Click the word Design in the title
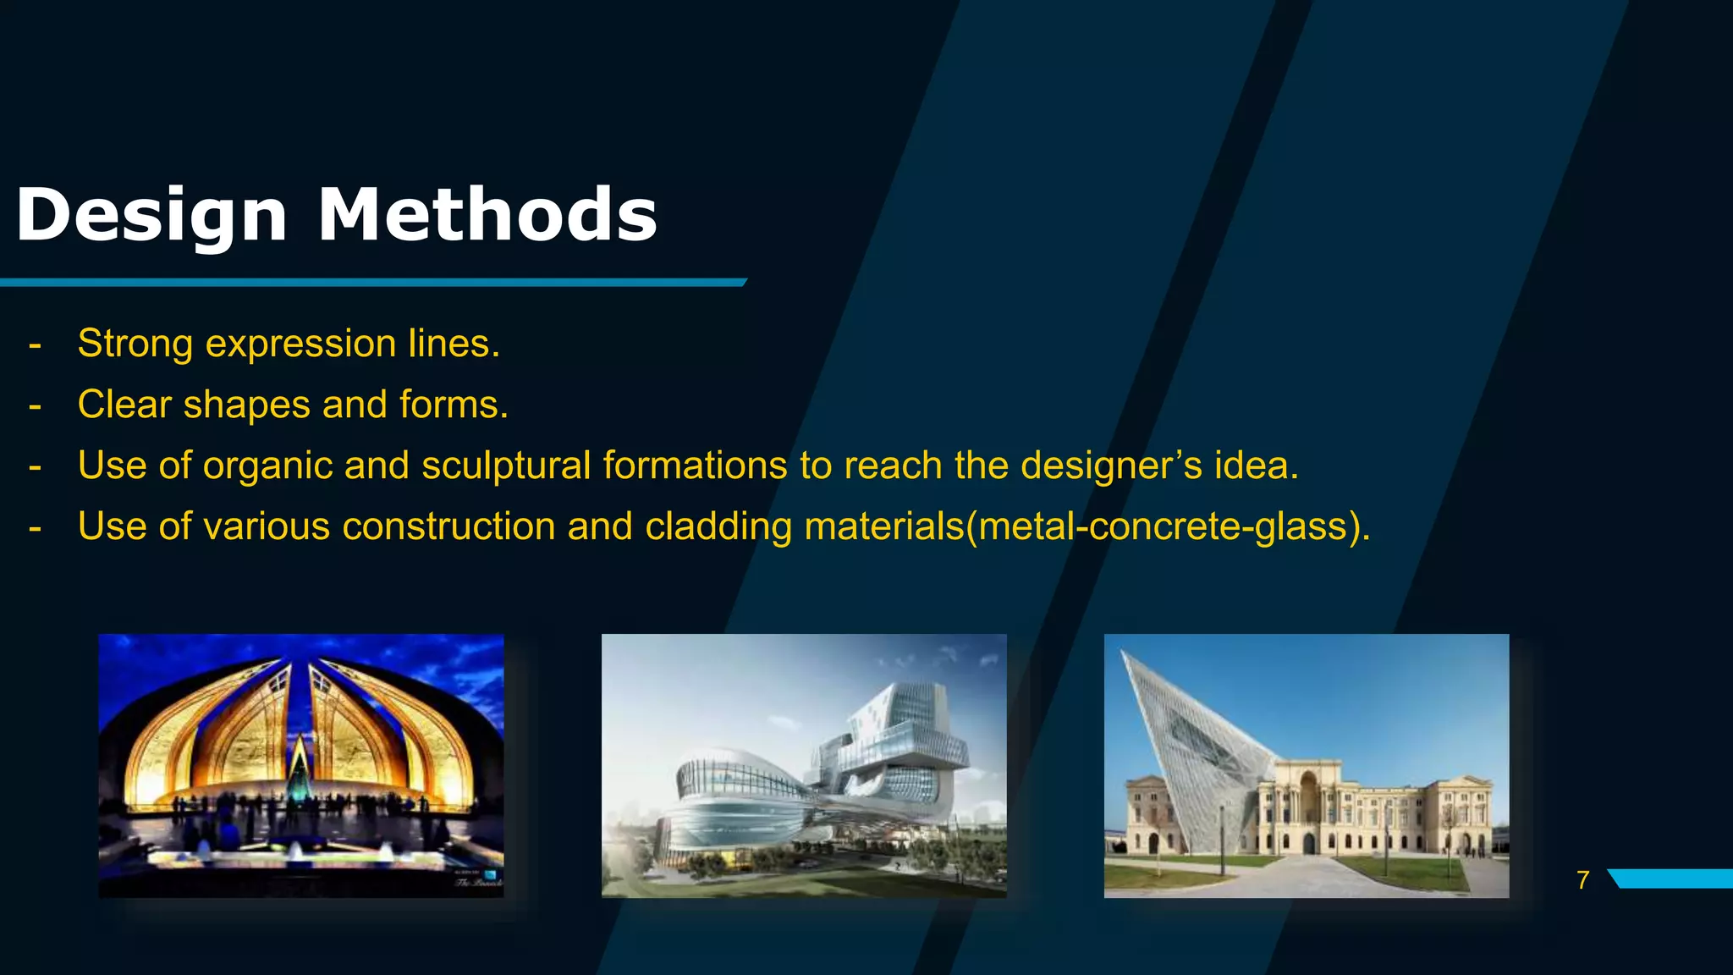[x=151, y=216]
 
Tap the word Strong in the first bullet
[x=135, y=344]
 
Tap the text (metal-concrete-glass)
[x=1168, y=526]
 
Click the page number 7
[x=1582, y=880]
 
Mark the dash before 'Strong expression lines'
[x=35, y=345]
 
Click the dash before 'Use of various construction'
[x=35, y=528]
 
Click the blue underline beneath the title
[x=372, y=282]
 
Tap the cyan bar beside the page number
[x=1671, y=879]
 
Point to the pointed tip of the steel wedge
[x=1124, y=653]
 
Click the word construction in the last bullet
[x=448, y=526]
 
